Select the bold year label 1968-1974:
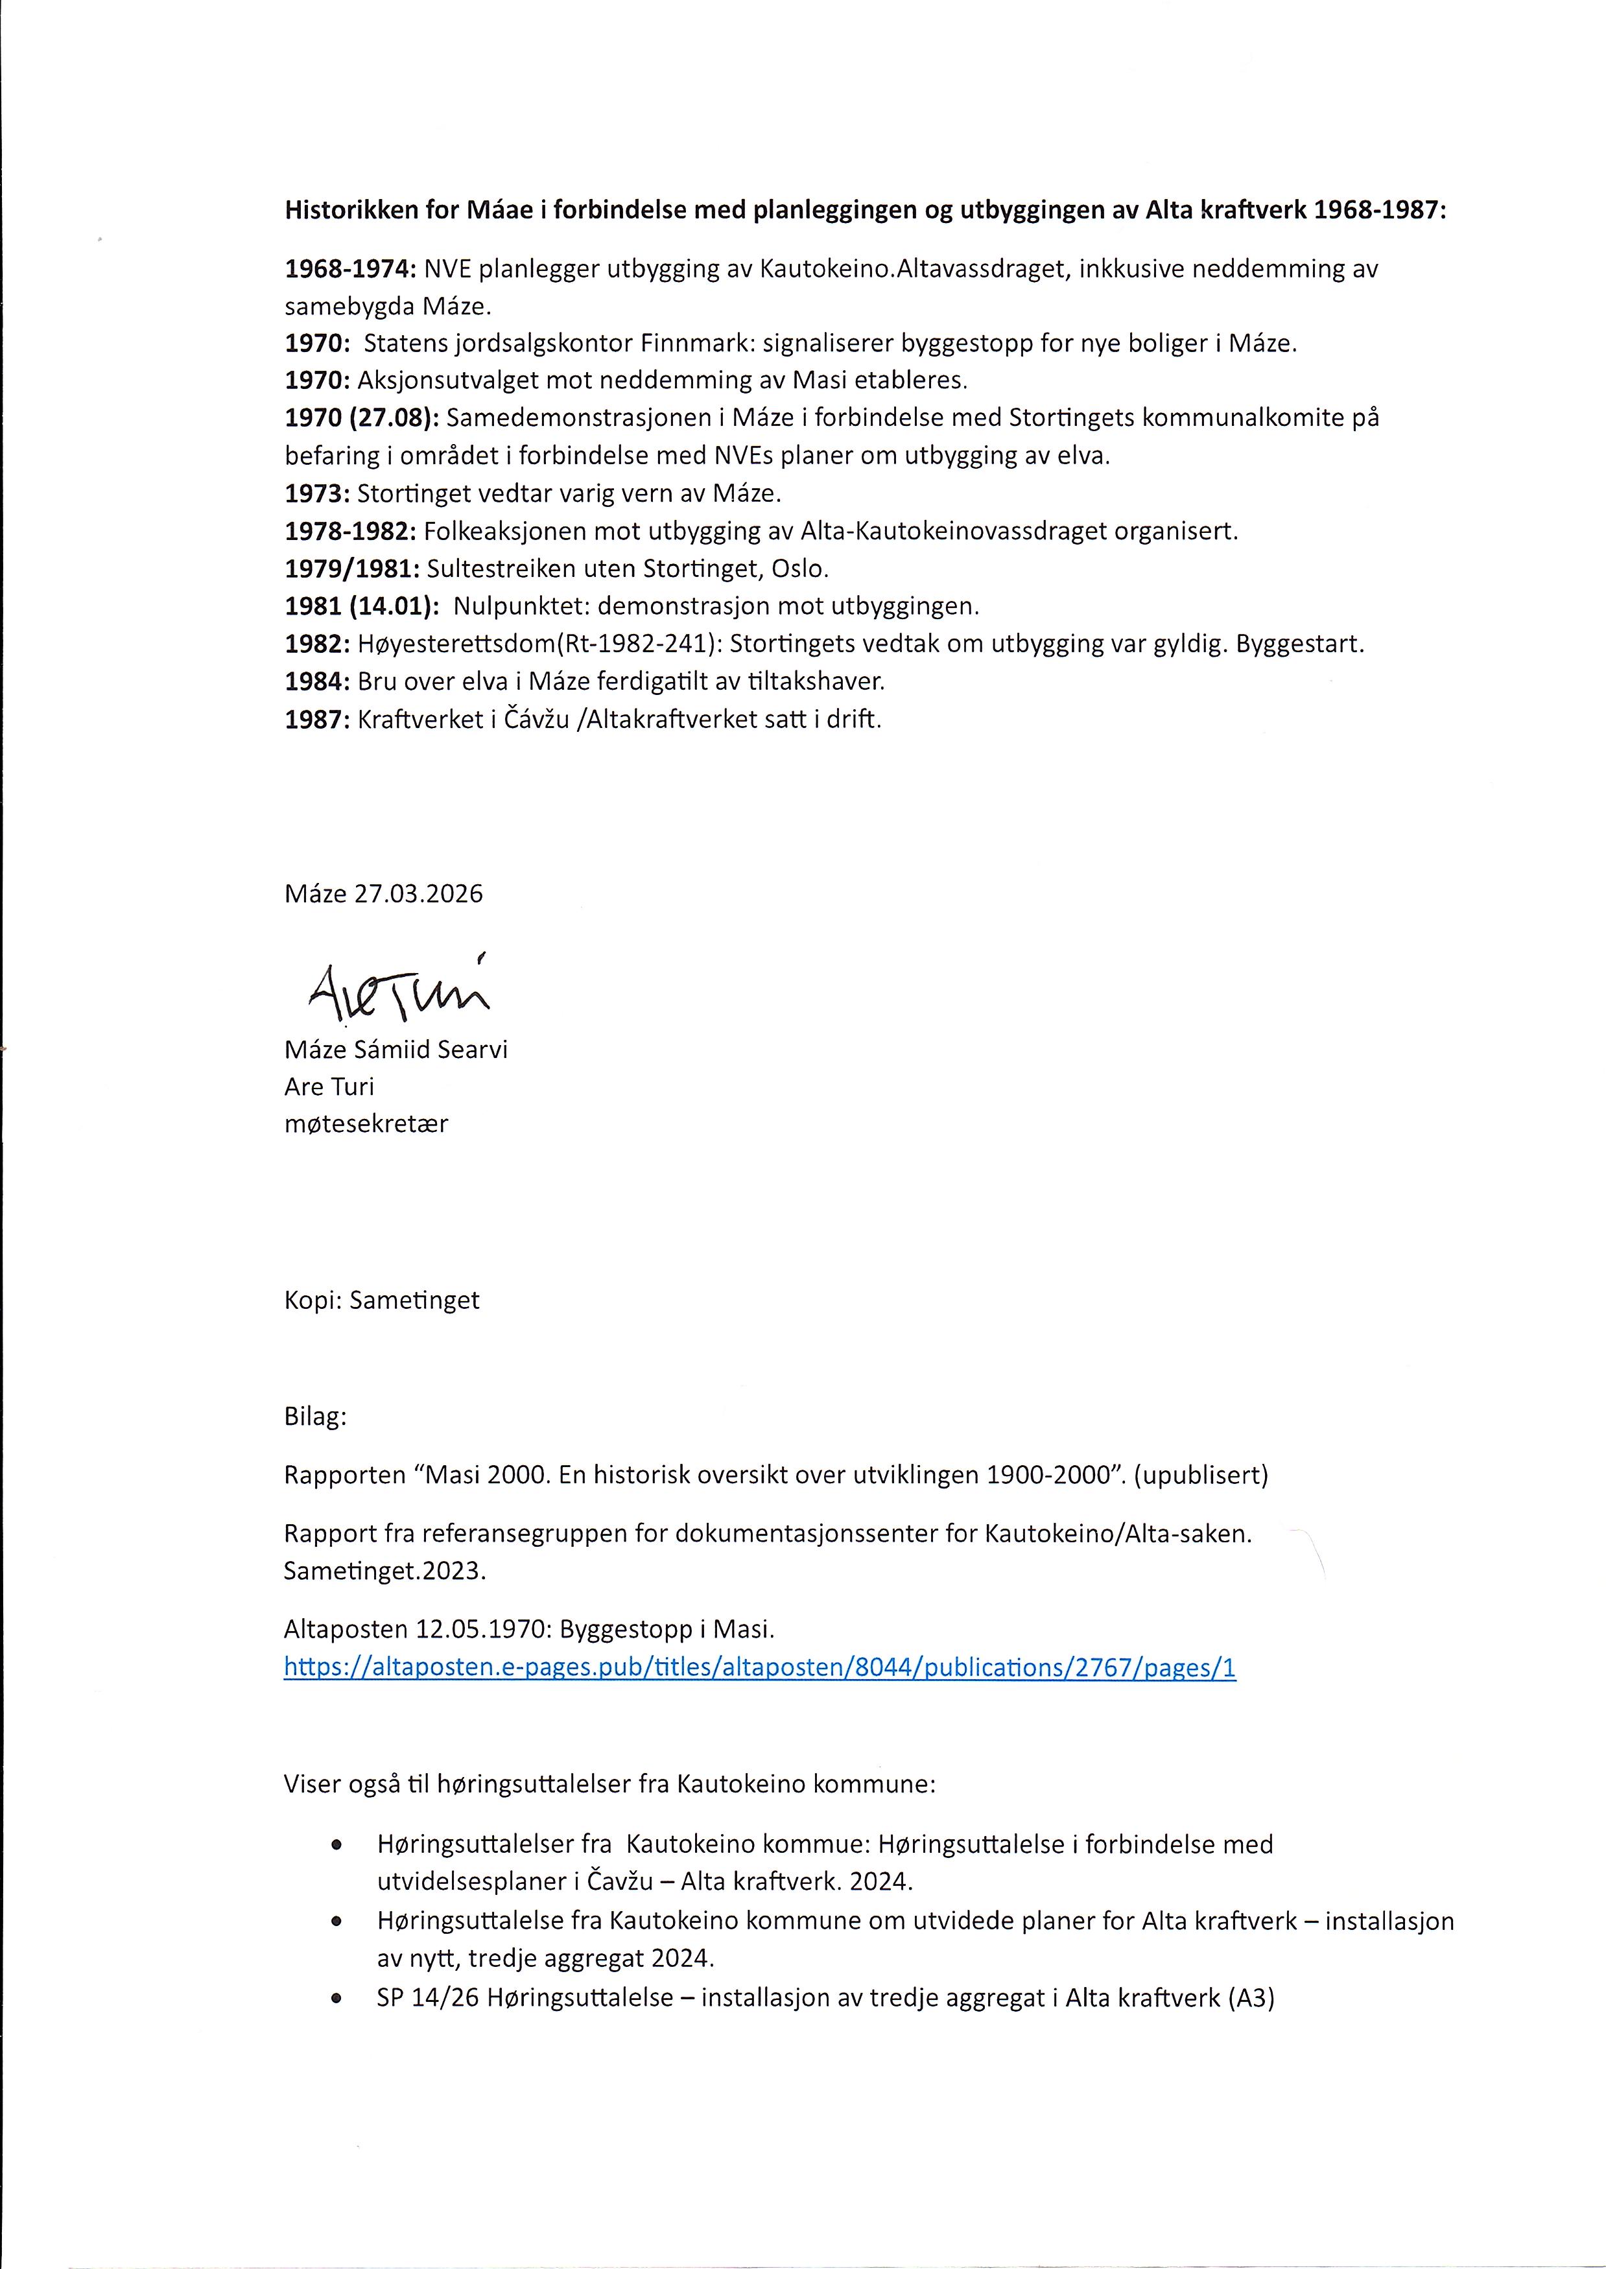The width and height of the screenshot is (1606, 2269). click(351, 269)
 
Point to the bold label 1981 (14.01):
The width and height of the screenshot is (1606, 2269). click(362, 606)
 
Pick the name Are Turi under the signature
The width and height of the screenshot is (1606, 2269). click(329, 1087)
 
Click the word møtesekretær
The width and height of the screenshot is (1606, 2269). click(366, 1124)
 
